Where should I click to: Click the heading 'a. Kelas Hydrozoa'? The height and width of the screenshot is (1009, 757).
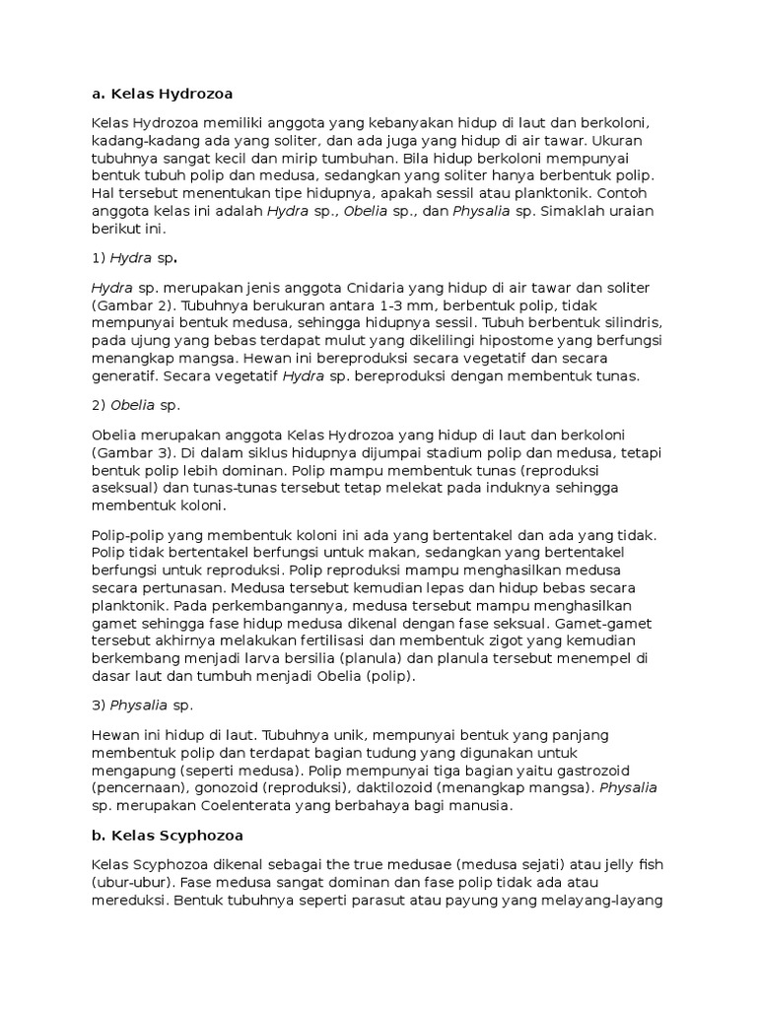162,94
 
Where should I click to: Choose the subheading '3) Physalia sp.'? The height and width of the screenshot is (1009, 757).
143,706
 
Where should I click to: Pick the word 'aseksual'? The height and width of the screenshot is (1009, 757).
123,488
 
